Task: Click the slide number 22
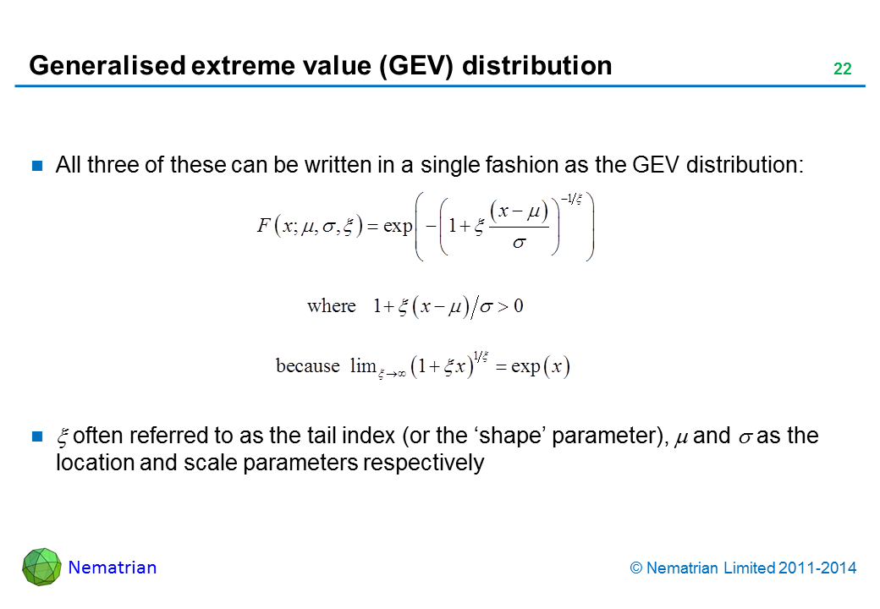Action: (843, 69)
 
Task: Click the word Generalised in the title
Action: (107, 66)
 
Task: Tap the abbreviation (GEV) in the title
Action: (415, 66)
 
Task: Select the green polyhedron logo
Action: (41, 567)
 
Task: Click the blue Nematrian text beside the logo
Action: (113, 568)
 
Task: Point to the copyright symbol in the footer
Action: (635, 568)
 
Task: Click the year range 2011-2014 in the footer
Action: (817, 568)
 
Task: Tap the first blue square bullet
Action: (37, 166)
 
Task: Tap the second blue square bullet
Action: (37, 436)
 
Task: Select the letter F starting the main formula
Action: (263, 226)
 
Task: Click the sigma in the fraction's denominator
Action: (520, 243)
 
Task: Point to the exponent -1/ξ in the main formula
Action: (571, 199)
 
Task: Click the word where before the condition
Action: (331, 306)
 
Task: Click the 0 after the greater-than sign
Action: (518, 306)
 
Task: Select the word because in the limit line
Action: (307, 365)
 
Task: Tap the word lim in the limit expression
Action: (362, 365)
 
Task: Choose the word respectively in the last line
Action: (423, 464)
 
